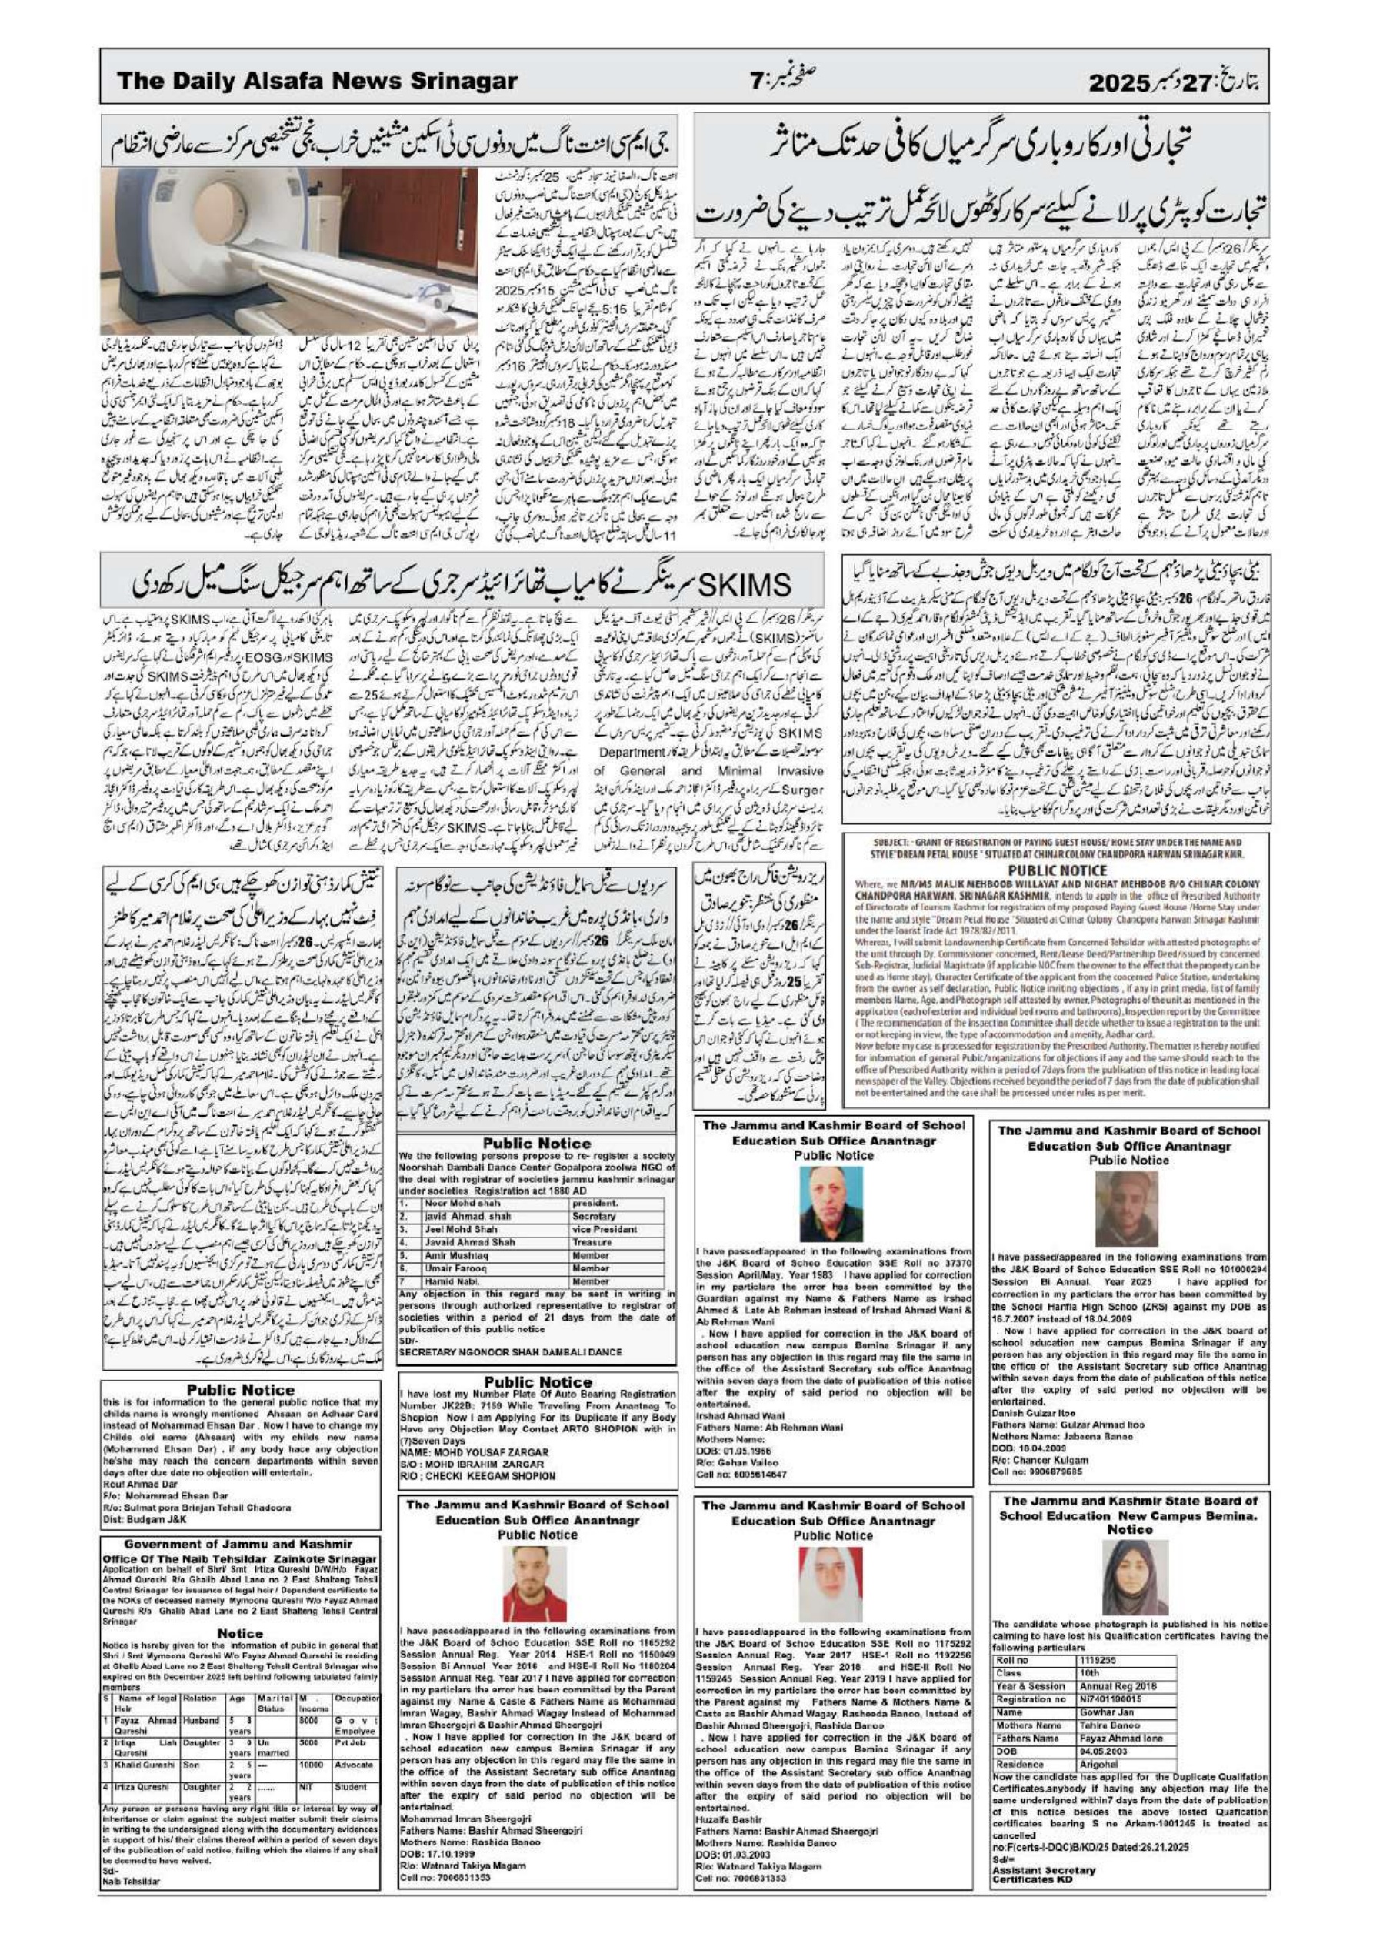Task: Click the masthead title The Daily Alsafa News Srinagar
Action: [x=317, y=82]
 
